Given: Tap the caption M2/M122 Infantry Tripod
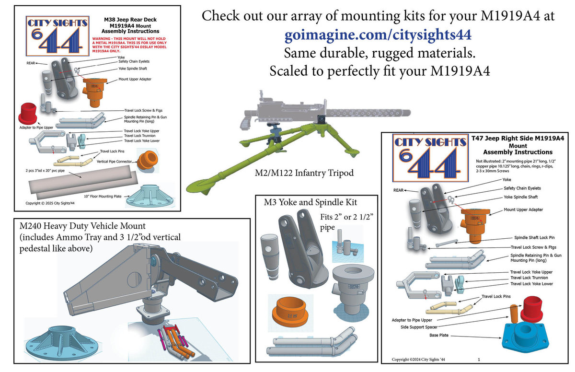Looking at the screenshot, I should pyautogui.click(x=304, y=173).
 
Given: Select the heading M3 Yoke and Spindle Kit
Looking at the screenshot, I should pyautogui.click(x=310, y=202).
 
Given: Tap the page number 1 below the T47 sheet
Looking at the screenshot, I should pyautogui.click(x=479, y=359).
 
